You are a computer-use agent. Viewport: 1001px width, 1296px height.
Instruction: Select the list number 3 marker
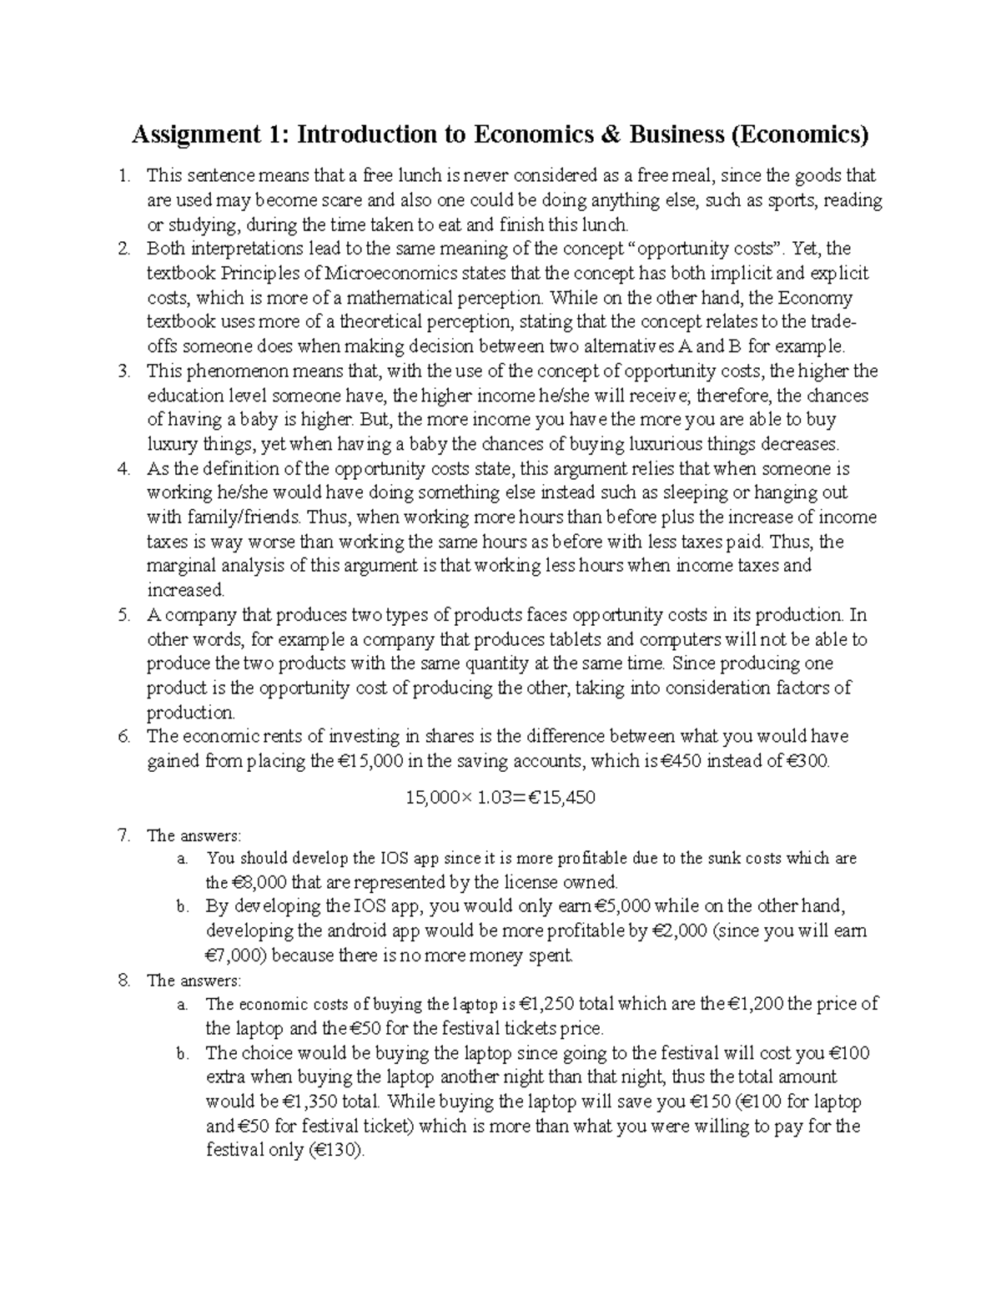[124, 371]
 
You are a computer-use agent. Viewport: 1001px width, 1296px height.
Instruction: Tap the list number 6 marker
[124, 737]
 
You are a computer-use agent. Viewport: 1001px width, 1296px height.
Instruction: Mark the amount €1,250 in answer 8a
[547, 1004]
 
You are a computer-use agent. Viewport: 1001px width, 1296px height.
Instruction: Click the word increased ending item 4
[185, 591]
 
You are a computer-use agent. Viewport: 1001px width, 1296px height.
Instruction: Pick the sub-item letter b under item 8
[183, 1054]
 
